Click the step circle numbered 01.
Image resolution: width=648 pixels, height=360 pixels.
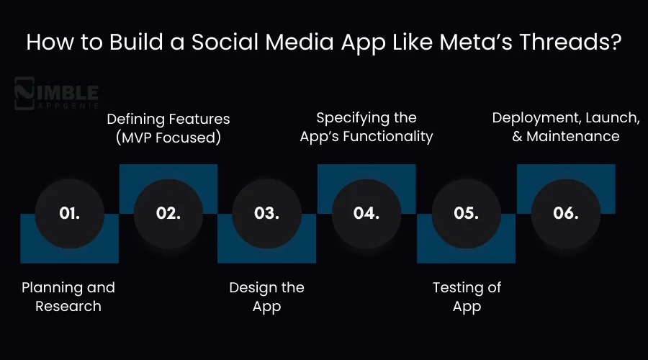(69, 213)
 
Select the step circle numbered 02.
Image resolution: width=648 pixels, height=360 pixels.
(168, 213)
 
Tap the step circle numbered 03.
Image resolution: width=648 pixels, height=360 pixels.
(266, 213)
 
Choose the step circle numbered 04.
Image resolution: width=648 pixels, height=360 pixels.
(366, 213)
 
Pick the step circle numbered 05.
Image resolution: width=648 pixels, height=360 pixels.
(466, 213)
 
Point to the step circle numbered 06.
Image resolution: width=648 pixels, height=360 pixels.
(565, 213)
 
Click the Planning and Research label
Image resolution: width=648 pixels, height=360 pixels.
(68, 297)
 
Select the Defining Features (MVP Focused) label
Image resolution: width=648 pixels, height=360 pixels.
(168, 127)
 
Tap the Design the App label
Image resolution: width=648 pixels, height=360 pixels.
(266, 297)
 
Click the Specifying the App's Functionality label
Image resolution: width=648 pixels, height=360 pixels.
(366, 126)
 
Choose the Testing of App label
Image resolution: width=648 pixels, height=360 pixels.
(467, 297)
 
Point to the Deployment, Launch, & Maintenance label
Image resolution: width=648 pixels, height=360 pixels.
(565, 126)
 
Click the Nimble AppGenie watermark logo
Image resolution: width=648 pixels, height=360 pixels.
(57, 96)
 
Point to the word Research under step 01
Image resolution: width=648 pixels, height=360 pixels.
(68, 306)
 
